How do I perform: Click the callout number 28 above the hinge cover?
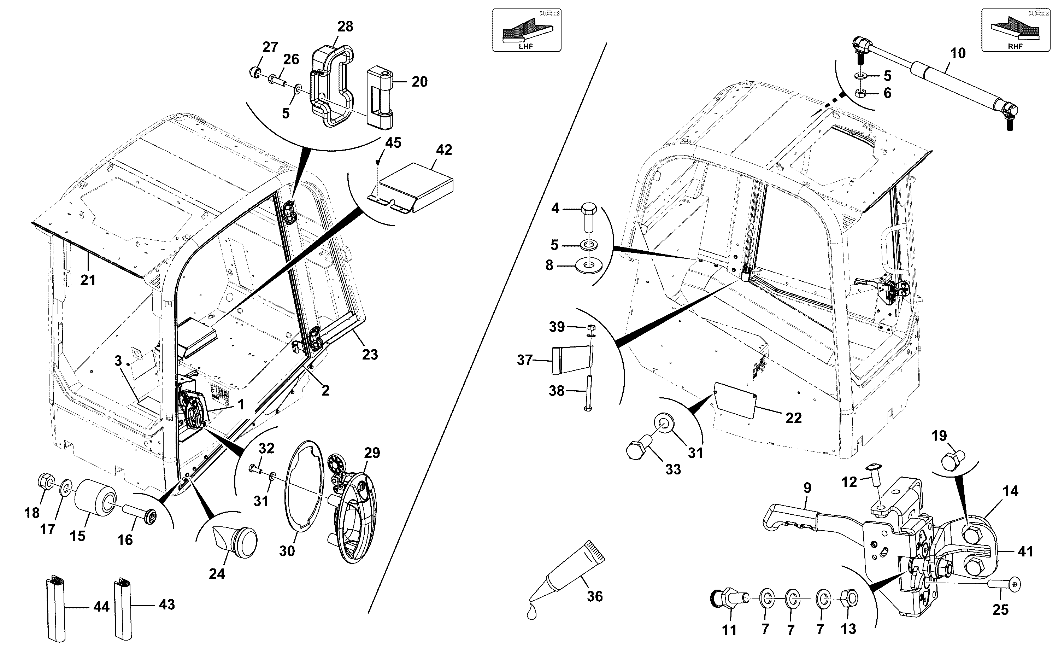[345, 27]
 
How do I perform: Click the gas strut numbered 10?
[934, 84]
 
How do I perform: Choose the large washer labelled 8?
[588, 265]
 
